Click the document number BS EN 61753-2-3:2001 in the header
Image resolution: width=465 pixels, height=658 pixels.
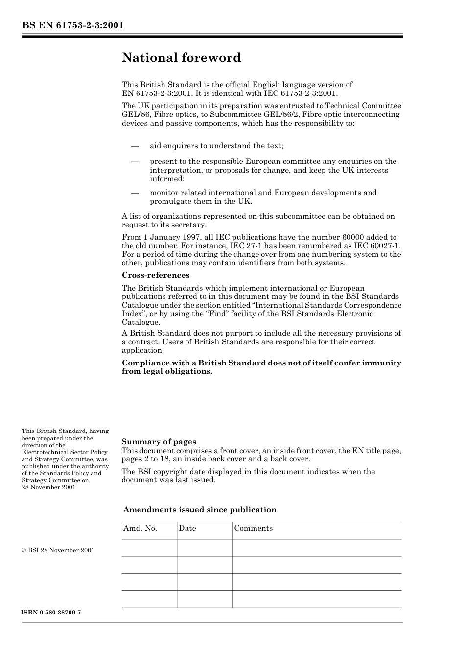pos(72,25)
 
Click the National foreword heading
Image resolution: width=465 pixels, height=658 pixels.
pos(181,58)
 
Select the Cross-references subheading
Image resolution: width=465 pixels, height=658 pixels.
pos(156,275)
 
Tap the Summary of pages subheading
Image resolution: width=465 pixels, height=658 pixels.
pos(159,442)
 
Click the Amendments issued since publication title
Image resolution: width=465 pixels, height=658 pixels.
pos(200,510)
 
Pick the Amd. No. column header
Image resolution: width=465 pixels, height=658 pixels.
pos(140,528)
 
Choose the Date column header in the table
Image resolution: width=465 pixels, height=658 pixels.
pos(187,528)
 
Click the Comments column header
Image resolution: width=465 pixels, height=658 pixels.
pos(254,528)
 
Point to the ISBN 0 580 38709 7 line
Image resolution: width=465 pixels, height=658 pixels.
pos(51,613)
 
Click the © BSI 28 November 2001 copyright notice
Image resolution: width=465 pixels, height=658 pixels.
pos(58,550)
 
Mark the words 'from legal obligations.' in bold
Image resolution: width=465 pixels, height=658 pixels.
pos(167,371)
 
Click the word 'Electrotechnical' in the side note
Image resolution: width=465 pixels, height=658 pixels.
pos(46,453)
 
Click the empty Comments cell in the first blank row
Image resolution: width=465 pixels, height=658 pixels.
pos(317,548)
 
